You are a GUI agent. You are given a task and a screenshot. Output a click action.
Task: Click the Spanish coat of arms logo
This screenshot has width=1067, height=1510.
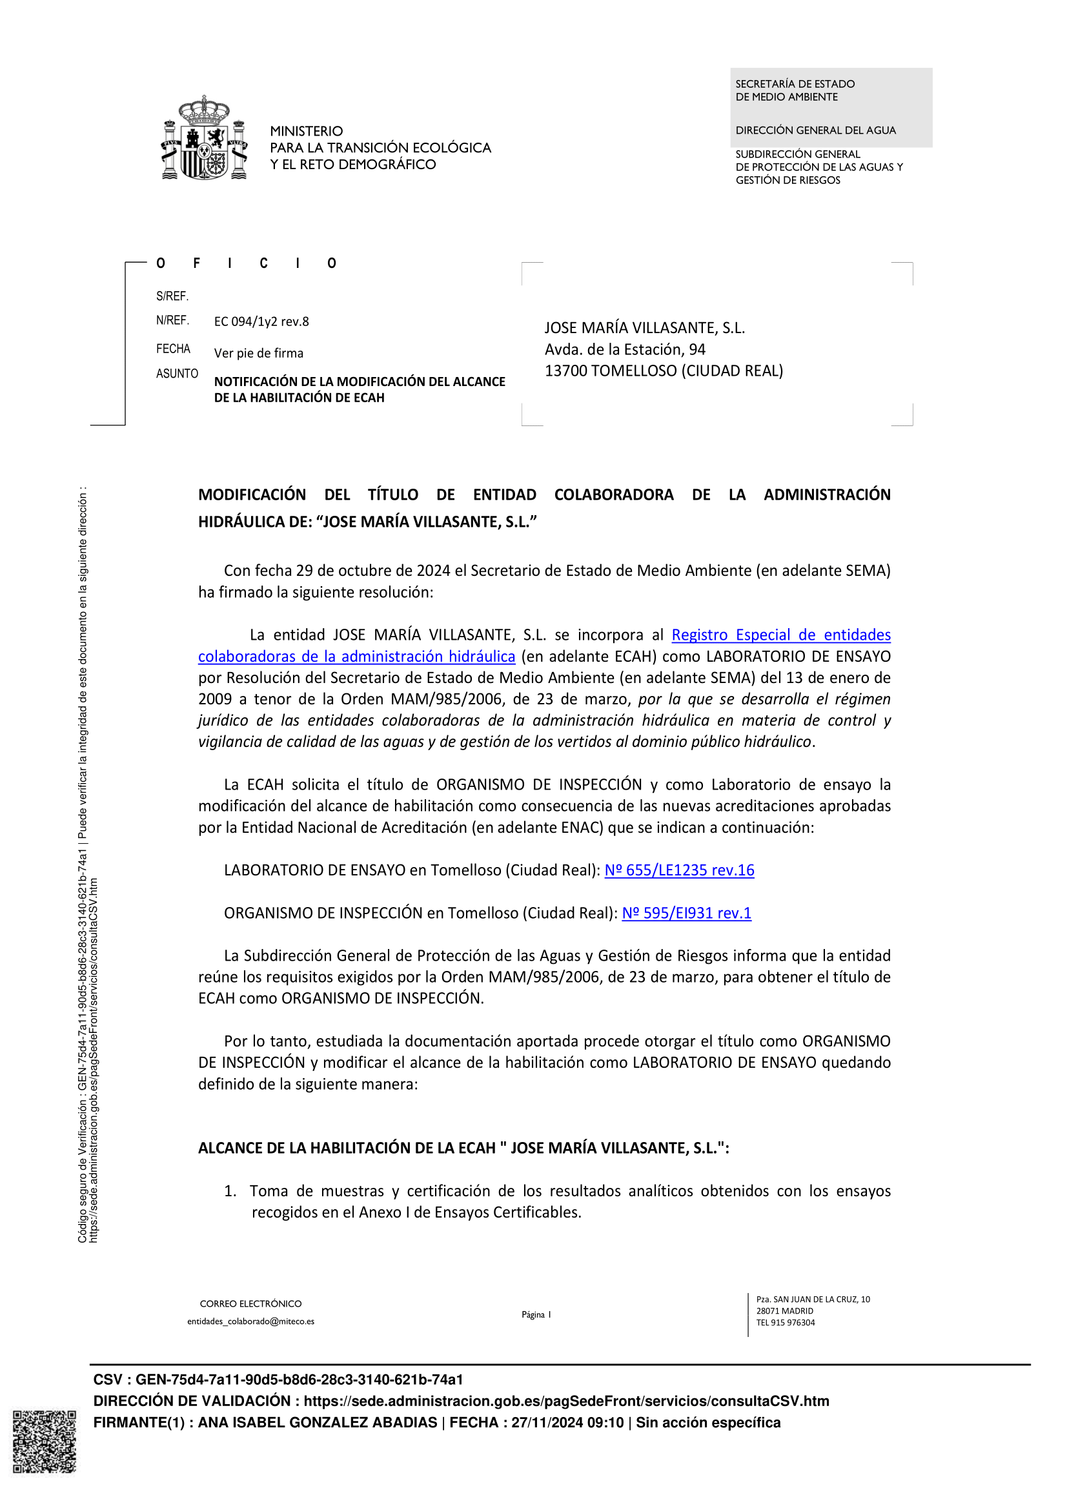205,138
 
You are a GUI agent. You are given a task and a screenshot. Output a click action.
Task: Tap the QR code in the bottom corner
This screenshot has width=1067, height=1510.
44,1442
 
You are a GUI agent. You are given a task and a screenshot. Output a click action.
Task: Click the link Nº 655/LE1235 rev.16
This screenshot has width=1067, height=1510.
679,870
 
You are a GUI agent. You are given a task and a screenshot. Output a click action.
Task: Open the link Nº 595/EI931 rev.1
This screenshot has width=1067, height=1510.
686,913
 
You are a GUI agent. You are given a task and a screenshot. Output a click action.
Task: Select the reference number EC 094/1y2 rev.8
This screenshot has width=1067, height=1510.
261,321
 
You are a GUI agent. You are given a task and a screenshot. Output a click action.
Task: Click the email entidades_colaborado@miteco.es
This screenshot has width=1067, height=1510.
250,1321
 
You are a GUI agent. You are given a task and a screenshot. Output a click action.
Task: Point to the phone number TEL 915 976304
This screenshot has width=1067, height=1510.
785,1323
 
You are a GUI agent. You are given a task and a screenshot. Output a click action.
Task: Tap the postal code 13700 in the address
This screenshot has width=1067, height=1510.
565,371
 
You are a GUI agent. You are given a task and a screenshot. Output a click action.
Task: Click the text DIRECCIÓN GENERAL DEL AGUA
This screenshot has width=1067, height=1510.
815,130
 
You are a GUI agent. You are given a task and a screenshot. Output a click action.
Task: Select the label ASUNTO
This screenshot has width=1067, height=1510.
177,374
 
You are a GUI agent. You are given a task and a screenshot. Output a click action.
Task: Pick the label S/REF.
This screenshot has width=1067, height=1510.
172,296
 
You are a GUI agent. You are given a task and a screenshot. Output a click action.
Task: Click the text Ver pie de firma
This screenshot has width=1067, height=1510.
258,353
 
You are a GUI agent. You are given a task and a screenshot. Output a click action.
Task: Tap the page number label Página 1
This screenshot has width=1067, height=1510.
536,1314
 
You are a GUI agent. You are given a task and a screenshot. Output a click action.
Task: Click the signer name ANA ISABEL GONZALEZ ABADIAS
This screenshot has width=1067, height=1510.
318,1423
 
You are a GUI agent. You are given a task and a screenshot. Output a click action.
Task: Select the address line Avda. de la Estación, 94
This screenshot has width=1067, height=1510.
625,349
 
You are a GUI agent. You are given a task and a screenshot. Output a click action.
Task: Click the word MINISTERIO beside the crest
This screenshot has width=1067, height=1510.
307,131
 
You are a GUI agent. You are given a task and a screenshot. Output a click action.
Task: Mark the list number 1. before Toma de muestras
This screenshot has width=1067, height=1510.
230,1191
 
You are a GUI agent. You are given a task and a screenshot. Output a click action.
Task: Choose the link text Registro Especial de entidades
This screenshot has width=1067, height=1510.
780,635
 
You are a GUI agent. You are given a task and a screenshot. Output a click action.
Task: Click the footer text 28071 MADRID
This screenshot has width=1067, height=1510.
784,1311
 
